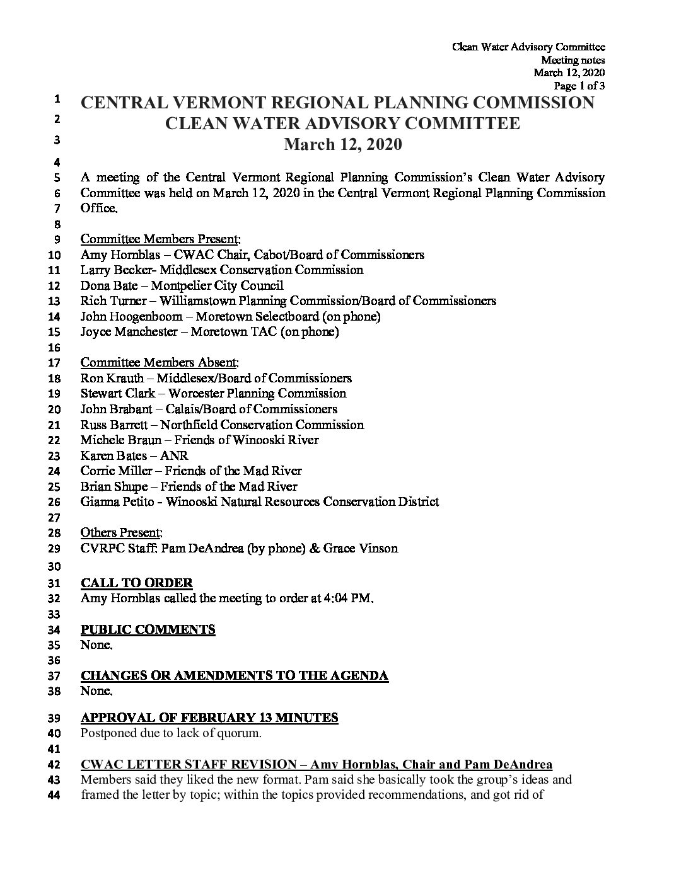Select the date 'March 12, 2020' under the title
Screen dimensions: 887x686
click(342, 145)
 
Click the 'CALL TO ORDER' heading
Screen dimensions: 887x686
click(137, 583)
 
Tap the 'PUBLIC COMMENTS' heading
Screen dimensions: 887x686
click(148, 629)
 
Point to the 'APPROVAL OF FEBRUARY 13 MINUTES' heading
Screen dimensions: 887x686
click(209, 718)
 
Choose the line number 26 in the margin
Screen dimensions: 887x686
click(54, 503)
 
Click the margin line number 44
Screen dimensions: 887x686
click(54, 795)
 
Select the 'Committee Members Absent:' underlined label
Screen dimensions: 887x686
click(160, 363)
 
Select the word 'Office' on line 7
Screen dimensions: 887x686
click(98, 209)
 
